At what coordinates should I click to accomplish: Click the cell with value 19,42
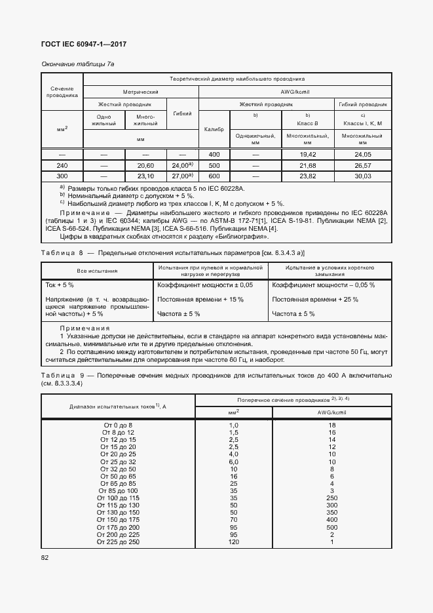tap(308, 154)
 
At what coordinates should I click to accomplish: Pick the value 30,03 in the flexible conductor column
tap(362, 176)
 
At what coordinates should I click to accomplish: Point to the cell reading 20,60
tap(146, 165)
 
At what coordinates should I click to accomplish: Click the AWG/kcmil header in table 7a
tap(295, 92)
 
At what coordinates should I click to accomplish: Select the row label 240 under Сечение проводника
tap(62, 165)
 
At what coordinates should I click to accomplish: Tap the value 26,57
tap(362, 165)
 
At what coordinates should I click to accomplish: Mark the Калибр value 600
tap(214, 176)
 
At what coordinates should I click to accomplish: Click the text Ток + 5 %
tap(59, 285)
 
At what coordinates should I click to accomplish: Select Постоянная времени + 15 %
tap(200, 300)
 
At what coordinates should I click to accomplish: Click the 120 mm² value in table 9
tap(233, 542)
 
